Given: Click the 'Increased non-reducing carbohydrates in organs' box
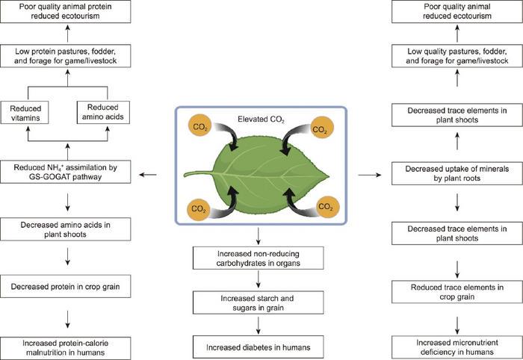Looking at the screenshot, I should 259,258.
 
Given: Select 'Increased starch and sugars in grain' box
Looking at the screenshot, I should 259,302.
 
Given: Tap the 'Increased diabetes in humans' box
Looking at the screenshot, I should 259,347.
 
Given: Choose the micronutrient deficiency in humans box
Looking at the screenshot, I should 456,347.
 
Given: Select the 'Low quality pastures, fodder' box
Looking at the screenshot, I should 456,55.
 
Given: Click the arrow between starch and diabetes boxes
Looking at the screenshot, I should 259,323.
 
